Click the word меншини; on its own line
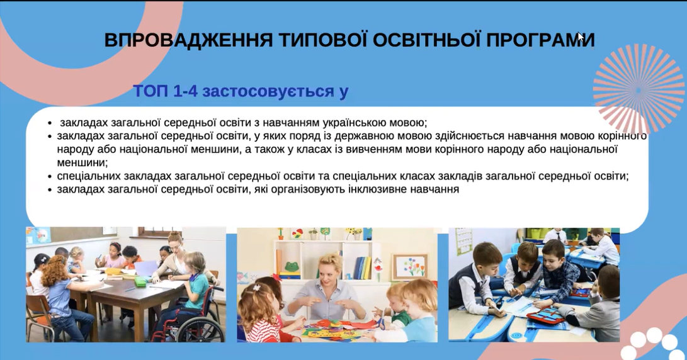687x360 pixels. pos(82,163)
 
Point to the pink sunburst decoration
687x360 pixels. pos(639,89)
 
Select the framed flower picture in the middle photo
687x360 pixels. pos(410,267)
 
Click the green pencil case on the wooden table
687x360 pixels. pos(140,282)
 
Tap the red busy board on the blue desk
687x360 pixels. pos(546,315)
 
